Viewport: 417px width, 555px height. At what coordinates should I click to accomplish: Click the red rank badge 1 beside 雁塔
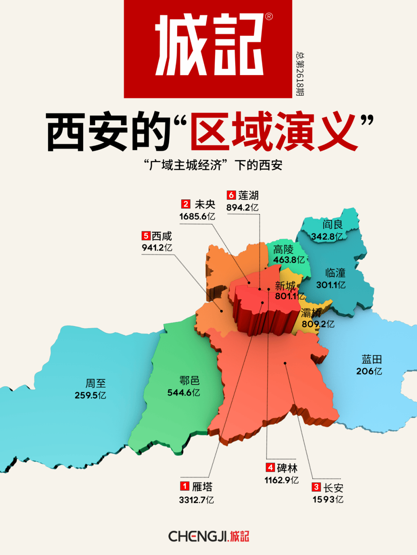point(185,486)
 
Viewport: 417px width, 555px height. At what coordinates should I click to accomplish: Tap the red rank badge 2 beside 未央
point(186,204)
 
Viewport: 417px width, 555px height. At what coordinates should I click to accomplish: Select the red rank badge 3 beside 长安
point(316,487)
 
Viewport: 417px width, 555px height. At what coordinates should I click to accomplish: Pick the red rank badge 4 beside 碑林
point(270,467)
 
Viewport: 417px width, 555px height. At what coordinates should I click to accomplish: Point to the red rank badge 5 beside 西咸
point(146,236)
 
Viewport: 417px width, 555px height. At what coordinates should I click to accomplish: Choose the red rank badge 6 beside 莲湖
point(231,195)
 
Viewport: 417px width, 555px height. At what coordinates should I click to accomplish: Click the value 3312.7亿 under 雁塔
point(196,500)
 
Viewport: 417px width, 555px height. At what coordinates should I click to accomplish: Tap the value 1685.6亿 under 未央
point(197,216)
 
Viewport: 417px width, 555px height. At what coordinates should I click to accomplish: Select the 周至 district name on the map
point(95,383)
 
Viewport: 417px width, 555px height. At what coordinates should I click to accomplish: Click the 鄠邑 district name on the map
point(189,381)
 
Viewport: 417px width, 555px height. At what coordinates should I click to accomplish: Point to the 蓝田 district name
point(371,359)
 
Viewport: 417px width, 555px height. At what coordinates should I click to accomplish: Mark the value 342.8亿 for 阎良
point(327,236)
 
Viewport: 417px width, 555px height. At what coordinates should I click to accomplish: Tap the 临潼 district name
point(335,273)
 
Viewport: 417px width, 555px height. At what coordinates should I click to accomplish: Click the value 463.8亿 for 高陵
point(289,260)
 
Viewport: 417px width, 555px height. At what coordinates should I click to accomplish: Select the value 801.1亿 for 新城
point(290,296)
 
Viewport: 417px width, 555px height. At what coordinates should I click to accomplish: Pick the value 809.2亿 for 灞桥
point(318,324)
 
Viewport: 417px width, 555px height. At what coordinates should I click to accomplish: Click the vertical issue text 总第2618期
point(300,74)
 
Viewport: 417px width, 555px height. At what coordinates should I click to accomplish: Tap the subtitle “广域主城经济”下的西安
point(213,165)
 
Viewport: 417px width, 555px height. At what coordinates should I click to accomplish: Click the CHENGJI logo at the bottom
point(208,536)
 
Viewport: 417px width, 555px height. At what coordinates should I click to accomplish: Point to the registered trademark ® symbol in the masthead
point(269,16)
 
